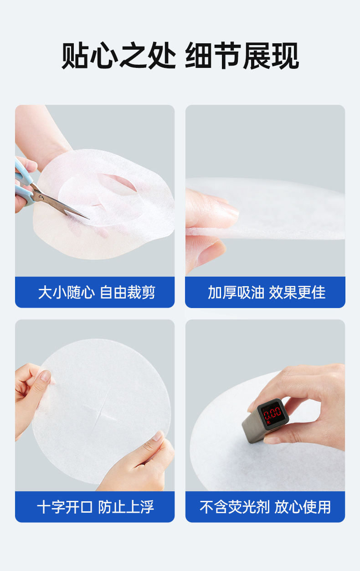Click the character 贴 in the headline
[76, 55]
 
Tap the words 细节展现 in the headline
[242, 56]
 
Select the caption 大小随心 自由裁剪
[97, 292]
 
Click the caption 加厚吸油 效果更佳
[267, 292]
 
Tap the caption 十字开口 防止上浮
[96, 507]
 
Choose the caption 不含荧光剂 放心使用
[265, 507]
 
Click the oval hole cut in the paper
[118, 183]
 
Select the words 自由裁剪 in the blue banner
[128, 292]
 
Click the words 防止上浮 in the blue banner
[126, 507]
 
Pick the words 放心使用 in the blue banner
[303, 507]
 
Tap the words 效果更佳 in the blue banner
[297, 292]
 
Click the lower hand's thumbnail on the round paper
[159, 436]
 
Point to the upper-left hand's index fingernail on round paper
[46, 376]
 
